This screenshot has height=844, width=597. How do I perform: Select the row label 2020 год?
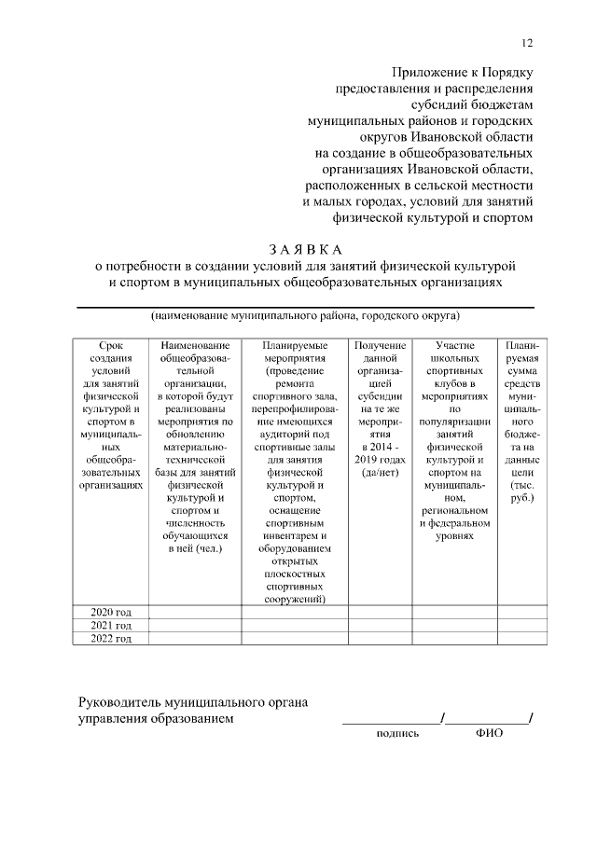[110, 612]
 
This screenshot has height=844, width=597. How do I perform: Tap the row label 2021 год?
[110, 625]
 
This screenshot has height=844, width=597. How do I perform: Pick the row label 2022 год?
[110, 639]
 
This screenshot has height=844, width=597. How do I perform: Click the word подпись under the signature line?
[397, 733]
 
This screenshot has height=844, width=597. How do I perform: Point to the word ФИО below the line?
[489, 733]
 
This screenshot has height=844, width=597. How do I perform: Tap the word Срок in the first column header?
[110, 345]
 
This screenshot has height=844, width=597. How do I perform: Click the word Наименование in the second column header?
[195, 345]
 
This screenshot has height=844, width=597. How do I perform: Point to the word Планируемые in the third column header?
[295, 345]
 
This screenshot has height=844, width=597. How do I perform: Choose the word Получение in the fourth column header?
[380, 345]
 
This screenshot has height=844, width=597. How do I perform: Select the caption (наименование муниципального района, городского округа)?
[305, 316]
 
